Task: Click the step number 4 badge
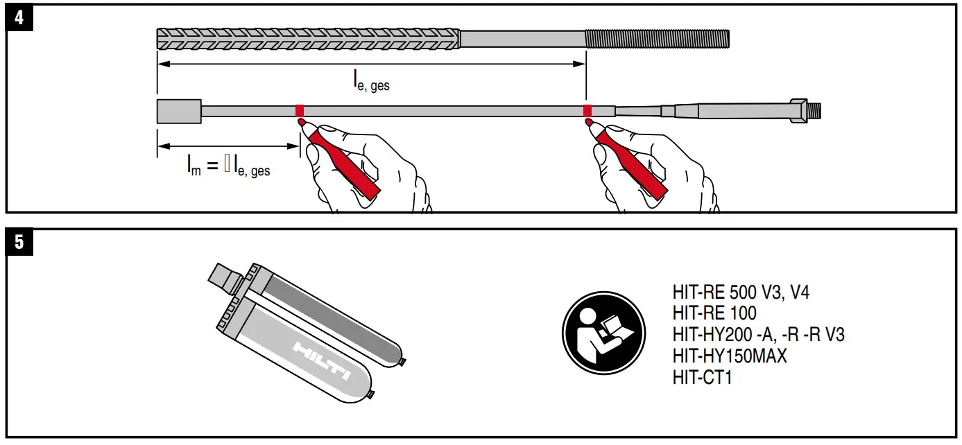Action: tap(19, 17)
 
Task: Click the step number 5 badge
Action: tap(19, 241)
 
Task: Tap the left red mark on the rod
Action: tap(300, 111)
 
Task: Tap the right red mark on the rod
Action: tap(587, 111)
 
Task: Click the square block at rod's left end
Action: tap(179, 112)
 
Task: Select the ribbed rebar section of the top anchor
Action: tap(309, 39)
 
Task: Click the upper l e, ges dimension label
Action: tap(371, 82)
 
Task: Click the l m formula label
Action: tap(228, 166)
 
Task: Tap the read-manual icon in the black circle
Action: tap(603, 332)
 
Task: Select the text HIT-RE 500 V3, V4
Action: tap(741, 293)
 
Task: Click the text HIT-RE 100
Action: tap(714, 314)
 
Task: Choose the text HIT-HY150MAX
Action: tap(730, 357)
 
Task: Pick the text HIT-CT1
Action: tap(702, 378)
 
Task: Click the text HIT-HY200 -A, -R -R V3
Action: tap(758, 335)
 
